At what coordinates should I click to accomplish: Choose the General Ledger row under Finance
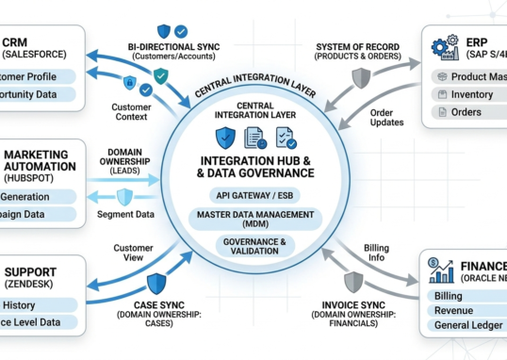click(x=469, y=325)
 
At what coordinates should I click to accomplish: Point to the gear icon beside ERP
click(x=442, y=48)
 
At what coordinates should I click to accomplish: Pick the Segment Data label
click(x=125, y=215)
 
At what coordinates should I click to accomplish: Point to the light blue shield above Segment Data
click(x=124, y=196)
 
